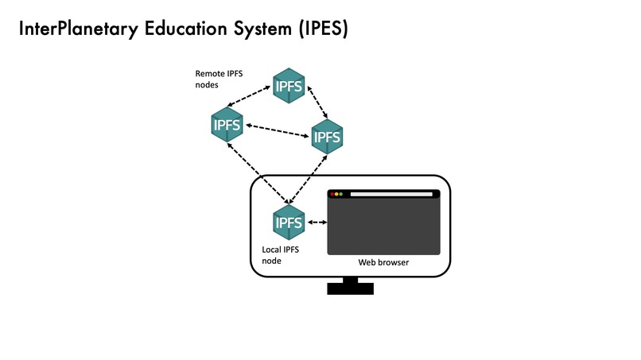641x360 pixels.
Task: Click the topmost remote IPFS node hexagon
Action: [289, 86]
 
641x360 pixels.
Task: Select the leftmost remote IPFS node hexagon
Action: [227, 126]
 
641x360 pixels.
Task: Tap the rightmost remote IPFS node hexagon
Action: [327, 137]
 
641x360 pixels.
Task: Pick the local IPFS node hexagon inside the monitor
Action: [289, 223]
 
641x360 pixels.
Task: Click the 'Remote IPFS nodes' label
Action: [219, 79]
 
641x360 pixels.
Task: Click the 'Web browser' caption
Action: [383, 262]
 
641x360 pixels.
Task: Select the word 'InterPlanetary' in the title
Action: [78, 29]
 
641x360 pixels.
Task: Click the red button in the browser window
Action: [332, 194]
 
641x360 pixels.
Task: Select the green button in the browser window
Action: [341, 194]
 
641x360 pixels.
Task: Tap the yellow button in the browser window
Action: [336, 194]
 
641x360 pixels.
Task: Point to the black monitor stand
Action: [350, 286]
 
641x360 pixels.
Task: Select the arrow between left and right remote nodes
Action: [277, 130]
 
